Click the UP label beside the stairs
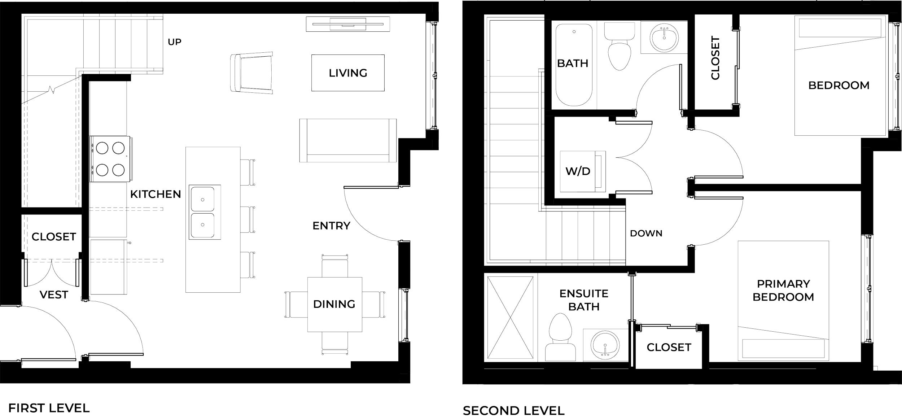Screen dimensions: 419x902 tap(175, 42)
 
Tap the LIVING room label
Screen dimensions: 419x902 tap(348, 73)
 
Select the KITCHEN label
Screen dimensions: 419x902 tap(155, 195)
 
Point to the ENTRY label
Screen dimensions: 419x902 tap(331, 226)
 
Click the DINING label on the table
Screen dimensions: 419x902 tap(334, 304)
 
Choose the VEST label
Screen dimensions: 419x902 tap(54, 295)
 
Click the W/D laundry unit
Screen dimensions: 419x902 tap(578, 171)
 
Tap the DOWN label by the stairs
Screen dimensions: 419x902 tap(646, 233)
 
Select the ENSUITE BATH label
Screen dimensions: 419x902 tap(583, 300)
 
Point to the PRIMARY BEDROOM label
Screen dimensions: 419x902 tap(783, 290)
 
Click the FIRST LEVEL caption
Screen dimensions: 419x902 tap(49, 409)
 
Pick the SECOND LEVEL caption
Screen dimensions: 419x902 tap(513, 410)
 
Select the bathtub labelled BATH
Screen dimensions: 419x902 tap(574, 65)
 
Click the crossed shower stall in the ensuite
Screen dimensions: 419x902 tap(510, 318)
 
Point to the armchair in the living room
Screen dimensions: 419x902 tap(252, 73)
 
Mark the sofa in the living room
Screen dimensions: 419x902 tap(348, 140)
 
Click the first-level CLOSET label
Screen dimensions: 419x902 tap(54, 237)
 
